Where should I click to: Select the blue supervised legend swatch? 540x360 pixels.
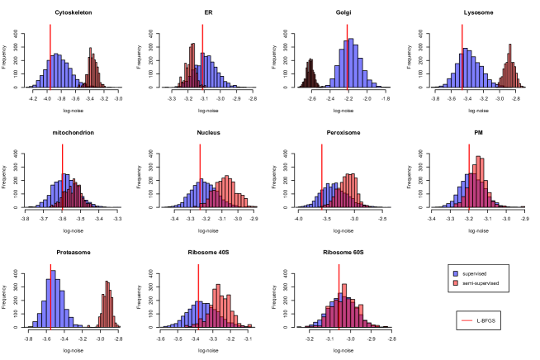point(457,273)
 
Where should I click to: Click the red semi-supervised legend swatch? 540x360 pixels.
point(457,282)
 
